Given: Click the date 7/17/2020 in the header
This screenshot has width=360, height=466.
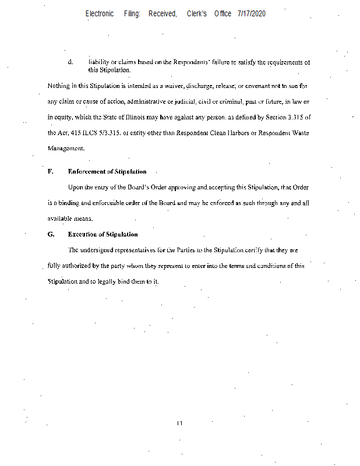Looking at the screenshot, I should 251,13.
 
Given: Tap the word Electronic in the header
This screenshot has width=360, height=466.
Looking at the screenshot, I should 100,13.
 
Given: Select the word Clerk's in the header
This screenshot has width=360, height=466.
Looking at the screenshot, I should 197,13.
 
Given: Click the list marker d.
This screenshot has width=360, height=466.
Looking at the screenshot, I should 70,61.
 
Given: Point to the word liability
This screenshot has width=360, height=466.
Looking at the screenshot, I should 100,61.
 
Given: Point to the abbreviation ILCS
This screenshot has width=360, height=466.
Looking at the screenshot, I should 89,133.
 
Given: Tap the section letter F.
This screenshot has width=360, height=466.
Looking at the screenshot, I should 50,172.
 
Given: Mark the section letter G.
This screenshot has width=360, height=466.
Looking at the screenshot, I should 51,235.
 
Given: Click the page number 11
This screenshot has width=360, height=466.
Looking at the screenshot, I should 180,423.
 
